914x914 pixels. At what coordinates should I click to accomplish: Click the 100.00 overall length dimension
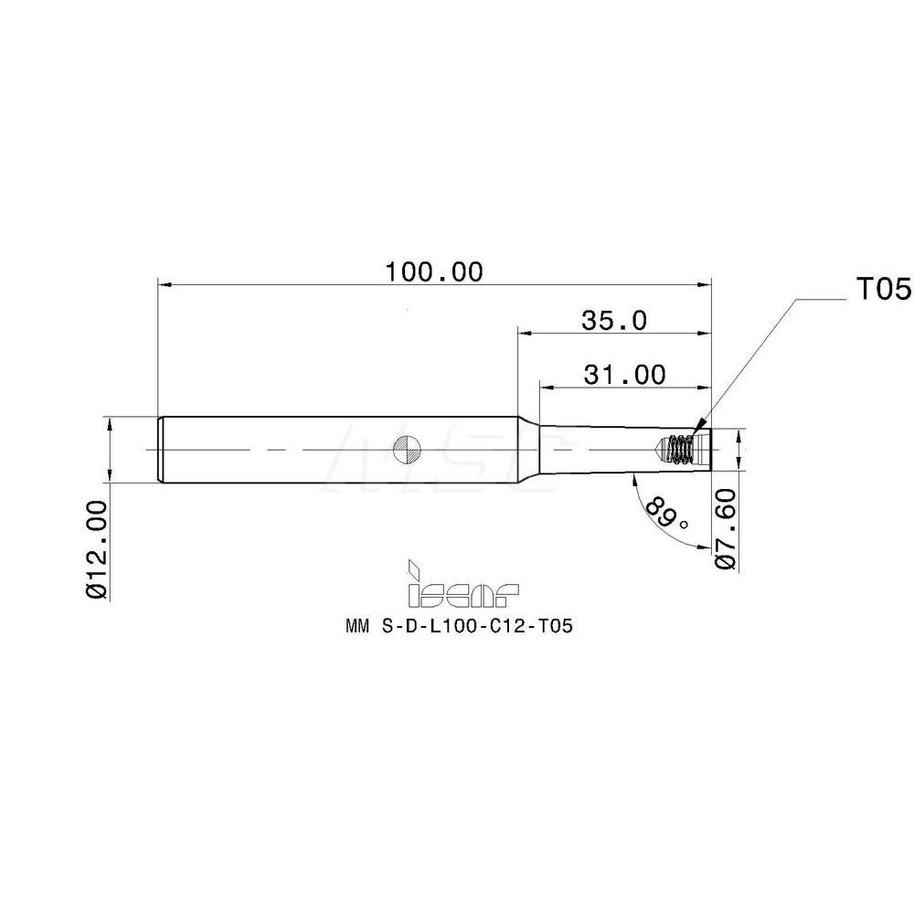pos(432,271)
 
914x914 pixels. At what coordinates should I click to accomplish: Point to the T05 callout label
pos(883,290)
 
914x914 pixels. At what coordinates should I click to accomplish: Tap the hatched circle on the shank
pos(406,449)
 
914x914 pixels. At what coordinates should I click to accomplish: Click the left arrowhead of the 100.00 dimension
pos(165,285)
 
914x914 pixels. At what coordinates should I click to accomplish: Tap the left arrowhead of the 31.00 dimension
pos(546,388)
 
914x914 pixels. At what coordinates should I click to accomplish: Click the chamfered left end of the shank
pos(161,449)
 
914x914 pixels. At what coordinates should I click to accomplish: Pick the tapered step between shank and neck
pos(527,449)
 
